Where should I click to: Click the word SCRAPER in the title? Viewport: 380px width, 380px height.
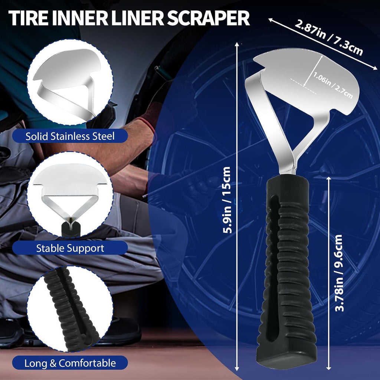(208, 19)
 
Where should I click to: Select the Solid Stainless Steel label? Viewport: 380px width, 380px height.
(70, 136)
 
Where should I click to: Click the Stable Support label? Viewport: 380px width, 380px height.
(70, 248)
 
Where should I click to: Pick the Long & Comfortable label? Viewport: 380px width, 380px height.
(70, 363)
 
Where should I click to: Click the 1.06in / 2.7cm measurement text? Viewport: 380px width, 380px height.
(333, 85)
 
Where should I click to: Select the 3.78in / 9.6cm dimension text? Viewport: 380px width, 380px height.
(339, 273)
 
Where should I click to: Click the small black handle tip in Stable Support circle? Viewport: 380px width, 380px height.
(71, 229)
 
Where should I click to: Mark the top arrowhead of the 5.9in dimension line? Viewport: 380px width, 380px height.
(237, 44)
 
